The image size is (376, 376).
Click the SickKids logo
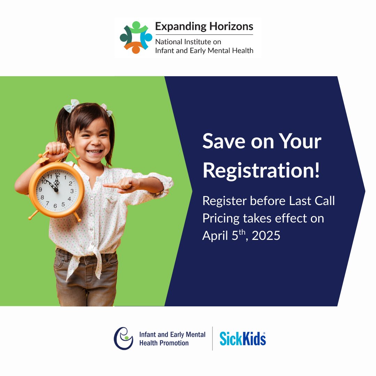click(243, 338)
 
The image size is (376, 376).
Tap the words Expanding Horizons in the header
click(204, 26)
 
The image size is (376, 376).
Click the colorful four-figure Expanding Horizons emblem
click(136, 38)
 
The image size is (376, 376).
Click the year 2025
click(266, 236)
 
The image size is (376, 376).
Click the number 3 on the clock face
click(72, 191)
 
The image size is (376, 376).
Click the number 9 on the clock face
click(40, 190)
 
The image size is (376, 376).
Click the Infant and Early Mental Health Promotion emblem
click(124, 338)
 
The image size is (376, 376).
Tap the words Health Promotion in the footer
click(164, 343)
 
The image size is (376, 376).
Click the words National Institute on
click(188, 42)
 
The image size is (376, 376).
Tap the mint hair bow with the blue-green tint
click(71, 105)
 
